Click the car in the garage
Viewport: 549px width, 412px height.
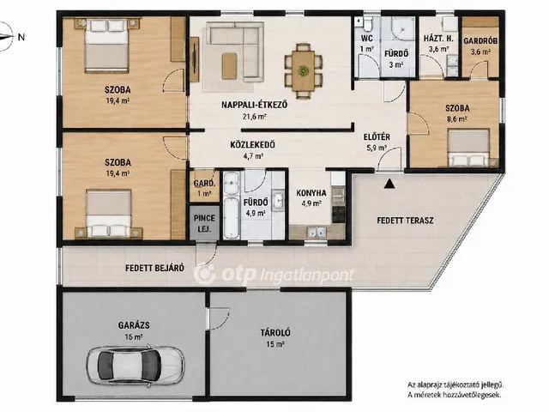136,366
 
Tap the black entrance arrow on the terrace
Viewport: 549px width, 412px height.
389,184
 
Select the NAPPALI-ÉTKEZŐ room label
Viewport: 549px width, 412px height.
255,105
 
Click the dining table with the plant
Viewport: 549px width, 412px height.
303,70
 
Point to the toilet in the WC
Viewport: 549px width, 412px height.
367,24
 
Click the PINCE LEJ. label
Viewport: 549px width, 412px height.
204,223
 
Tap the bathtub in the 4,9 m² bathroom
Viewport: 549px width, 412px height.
231,217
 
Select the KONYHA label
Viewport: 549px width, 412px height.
311,193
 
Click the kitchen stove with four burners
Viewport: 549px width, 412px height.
339,215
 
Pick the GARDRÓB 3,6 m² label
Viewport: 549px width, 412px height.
480,45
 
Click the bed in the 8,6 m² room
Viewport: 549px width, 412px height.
468,148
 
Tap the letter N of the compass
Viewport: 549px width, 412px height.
21,37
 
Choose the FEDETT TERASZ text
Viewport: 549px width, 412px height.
405,221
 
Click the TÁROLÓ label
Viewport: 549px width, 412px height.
275,332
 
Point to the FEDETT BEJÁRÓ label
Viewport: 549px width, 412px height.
154,268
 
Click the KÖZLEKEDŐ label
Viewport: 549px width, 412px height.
252,145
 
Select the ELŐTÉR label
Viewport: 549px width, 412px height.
377,137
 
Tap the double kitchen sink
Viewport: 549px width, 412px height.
317,232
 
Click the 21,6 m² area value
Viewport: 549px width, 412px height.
255,117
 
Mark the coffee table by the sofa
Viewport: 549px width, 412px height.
229,65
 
